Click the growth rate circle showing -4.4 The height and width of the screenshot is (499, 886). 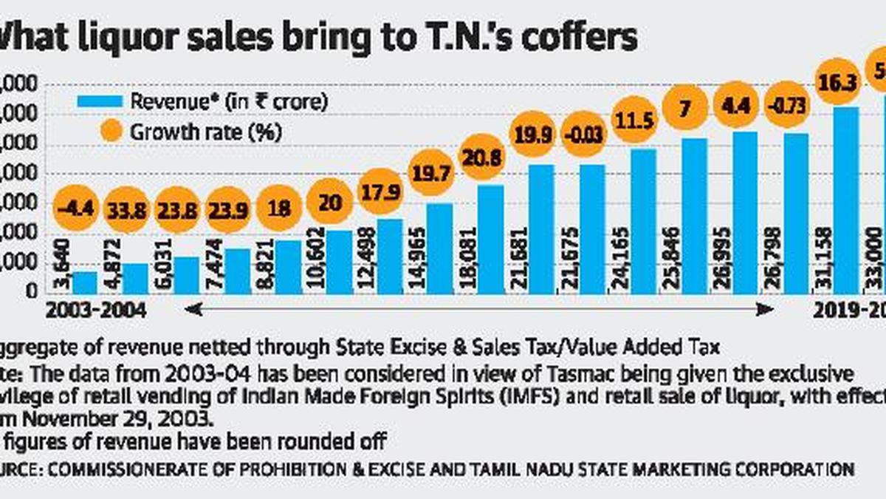[x=78, y=208]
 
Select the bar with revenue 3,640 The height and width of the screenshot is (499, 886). [x=84, y=282]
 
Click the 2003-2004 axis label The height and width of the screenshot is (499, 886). [x=95, y=310]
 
